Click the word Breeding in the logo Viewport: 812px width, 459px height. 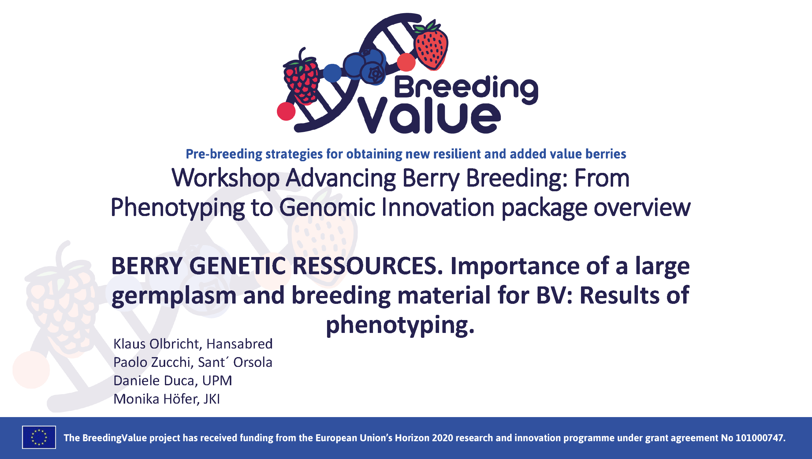(466, 88)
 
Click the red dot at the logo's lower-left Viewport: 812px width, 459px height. (286, 111)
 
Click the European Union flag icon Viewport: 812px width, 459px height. (39, 437)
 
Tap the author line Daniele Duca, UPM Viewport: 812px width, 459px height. (173, 380)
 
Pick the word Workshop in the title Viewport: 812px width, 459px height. (225, 178)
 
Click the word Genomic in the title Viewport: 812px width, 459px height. (327, 208)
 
